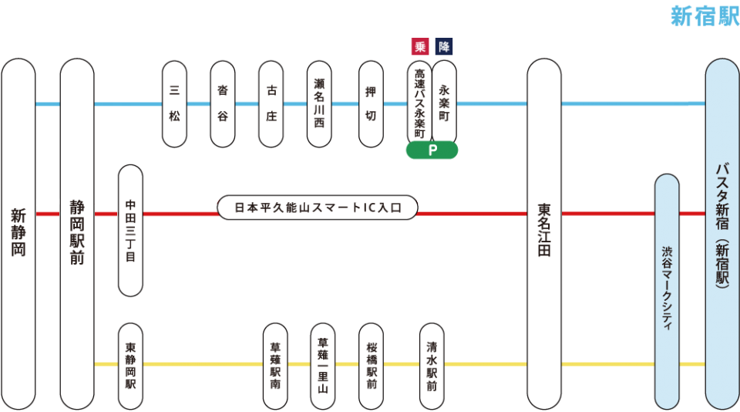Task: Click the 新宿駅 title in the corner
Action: pos(705,16)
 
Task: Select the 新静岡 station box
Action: pos(18,233)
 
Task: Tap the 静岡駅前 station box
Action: pos(77,233)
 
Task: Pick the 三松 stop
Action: pos(174,103)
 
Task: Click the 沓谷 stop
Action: pos(222,103)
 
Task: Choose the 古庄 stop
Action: pos(271,103)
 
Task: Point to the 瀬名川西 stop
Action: pos(319,103)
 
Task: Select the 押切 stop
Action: pos(371,103)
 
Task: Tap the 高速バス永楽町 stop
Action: pos(419,103)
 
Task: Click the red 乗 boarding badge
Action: pos(420,46)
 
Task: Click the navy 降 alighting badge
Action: pos(444,46)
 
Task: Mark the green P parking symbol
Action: pos(432,150)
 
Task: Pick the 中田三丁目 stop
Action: pos(130,230)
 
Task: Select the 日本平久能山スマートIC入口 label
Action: pos(318,208)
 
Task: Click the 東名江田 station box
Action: pos(544,233)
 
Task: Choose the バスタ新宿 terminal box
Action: pos(722,233)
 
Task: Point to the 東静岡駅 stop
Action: pos(130,366)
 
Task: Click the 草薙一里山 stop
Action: pos(323,366)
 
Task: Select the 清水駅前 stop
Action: pos(432,366)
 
